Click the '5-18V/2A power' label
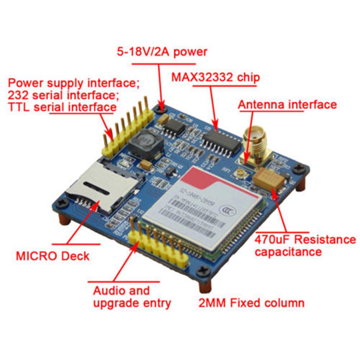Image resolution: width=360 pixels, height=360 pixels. pyautogui.click(x=162, y=52)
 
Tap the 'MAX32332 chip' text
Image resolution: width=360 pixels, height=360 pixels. pyautogui.click(x=215, y=77)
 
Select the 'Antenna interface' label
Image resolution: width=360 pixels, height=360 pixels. pyautogui.click(x=288, y=105)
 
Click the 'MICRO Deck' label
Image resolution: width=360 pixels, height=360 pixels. pyautogui.click(x=53, y=256)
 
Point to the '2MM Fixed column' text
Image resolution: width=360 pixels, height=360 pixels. pyautogui.click(x=251, y=303)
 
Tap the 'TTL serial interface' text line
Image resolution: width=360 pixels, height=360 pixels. pyautogui.click(x=62, y=107)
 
